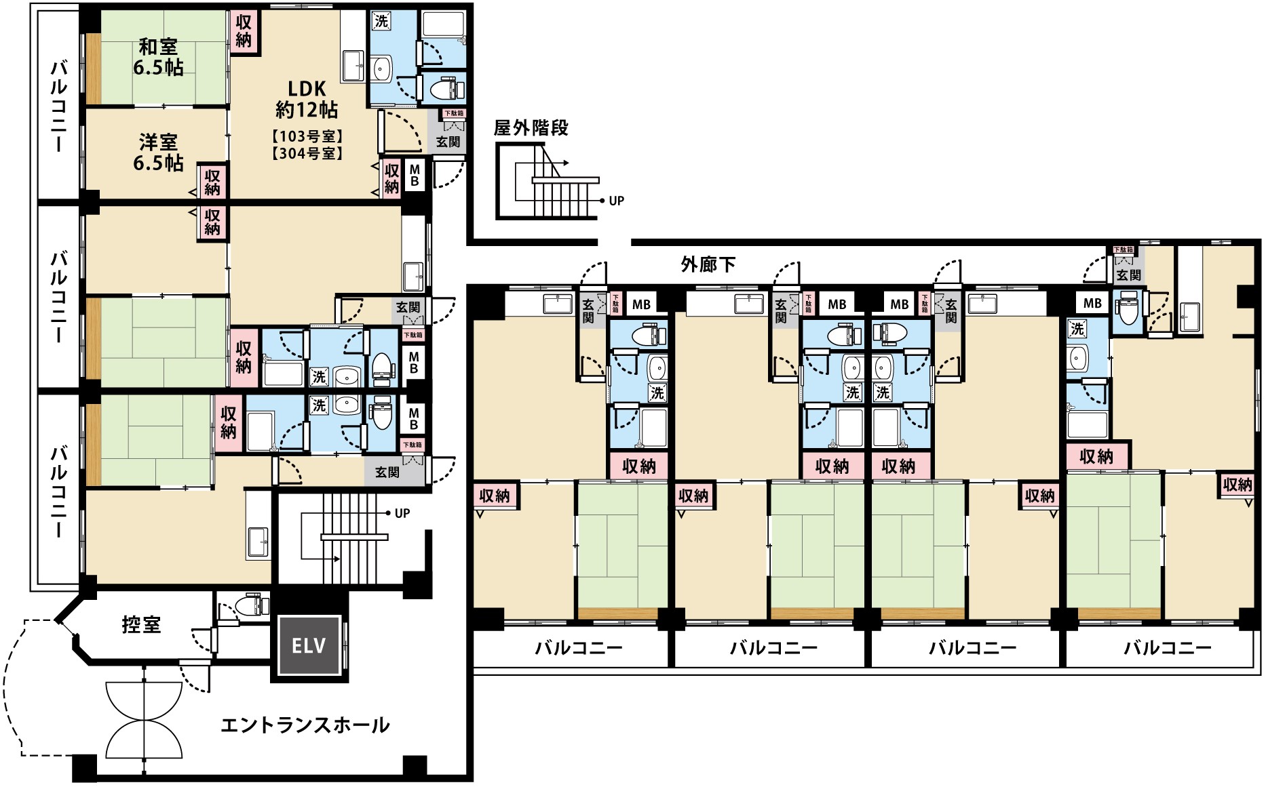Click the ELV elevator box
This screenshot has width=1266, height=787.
(309, 645)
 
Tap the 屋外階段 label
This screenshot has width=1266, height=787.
(531, 128)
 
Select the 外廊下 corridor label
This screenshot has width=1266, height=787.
(708, 265)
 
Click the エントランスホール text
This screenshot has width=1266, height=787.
(305, 725)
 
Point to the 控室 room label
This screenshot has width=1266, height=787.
(141, 624)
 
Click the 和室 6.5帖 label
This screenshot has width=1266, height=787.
(158, 57)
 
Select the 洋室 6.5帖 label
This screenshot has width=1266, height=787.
(158, 153)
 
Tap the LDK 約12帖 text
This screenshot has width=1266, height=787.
(307, 99)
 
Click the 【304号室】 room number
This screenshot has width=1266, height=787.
(307, 154)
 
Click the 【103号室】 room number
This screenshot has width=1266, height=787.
(307, 136)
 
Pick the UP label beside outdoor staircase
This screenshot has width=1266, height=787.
(616, 201)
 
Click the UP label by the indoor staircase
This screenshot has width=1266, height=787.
(402, 513)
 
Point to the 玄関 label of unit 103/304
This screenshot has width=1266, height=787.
(448, 142)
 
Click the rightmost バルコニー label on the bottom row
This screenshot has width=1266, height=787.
(1167, 648)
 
